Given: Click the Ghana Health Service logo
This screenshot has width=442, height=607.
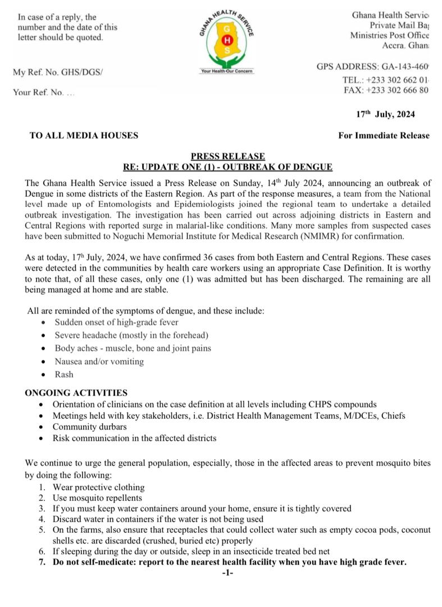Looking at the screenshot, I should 226,40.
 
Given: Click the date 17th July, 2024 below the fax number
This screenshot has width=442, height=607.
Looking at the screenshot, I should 386,115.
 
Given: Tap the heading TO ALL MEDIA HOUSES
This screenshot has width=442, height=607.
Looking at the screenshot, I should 84,135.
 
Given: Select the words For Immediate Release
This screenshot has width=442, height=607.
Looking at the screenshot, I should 384,135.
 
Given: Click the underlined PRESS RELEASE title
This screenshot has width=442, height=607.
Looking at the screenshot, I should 227,156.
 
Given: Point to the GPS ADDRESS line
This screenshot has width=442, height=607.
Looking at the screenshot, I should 372,67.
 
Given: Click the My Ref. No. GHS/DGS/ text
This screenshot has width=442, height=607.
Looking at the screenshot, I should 58,73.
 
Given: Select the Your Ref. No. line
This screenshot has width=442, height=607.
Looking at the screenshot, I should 44,92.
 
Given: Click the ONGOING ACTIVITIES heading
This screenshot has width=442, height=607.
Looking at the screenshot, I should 76,392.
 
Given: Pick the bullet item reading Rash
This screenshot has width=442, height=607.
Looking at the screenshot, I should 64,374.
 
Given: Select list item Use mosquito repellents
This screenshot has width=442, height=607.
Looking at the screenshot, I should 98,497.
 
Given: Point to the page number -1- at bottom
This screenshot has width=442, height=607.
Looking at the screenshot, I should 227,573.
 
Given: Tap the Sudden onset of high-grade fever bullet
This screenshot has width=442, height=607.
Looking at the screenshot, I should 116,322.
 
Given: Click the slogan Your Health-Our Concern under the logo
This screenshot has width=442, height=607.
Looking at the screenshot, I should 227,71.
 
